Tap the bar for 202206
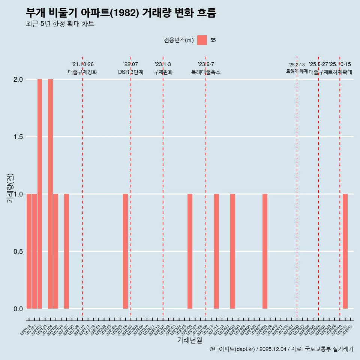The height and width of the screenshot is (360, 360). pyautogui.click(x=125, y=251)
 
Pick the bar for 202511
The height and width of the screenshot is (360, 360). pyautogui.click(x=345, y=251)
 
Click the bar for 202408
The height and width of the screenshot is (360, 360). pyautogui.click(x=265, y=251)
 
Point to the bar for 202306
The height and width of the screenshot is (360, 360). pyautogui.click(x=190, y=251)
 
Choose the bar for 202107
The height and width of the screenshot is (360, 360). pyautogui.click(x=66, y=251)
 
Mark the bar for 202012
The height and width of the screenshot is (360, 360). pyautogui.click(x=29, y=251)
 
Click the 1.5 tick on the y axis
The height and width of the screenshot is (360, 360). pyautogui.click(x=18, y=137)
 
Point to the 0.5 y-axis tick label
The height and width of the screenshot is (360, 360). pyautogui.click(x=18, y=251)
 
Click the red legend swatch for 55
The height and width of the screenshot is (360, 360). pyautogui.click(x=202, y=40)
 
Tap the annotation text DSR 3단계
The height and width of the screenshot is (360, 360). pyautogui.click(x=130, y=72)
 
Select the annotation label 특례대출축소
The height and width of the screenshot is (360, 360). pyautogui.click(x=206, y=72)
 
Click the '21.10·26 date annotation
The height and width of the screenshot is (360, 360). pyautogui.click(x=82, y=64)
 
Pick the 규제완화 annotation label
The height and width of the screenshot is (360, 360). pyautogui.click(x=163, y=72)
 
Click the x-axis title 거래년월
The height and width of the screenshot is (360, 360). pyautogui.click(x=190, y=340)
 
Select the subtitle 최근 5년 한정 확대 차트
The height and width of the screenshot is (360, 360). pyautogui.click(x=60, y=24)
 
